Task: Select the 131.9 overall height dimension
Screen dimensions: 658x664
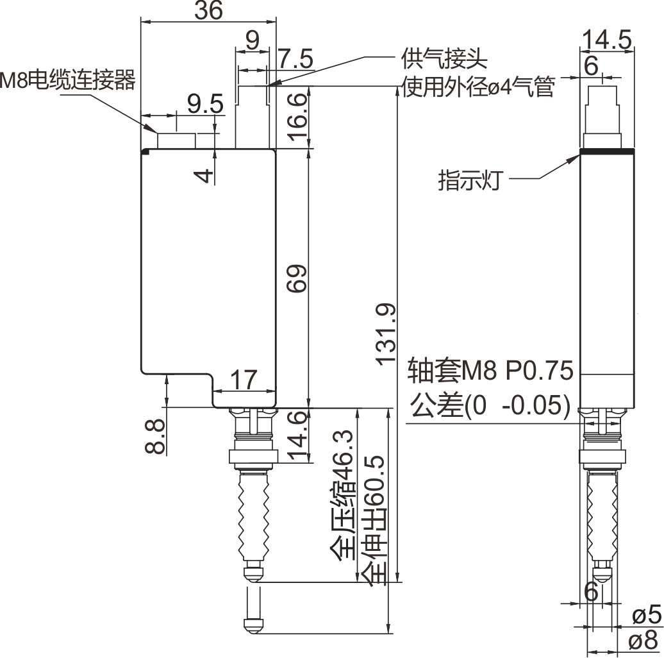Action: pos(386,334)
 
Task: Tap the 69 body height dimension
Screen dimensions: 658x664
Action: pos(296,278)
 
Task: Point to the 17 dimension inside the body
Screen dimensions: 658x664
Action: pos(244,380)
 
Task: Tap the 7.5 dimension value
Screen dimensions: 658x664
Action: pos(295,60)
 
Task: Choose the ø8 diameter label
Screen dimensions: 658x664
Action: pos(645,639)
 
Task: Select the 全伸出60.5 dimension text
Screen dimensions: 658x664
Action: pos(374,519)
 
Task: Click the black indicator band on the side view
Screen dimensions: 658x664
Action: pos(606,152)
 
